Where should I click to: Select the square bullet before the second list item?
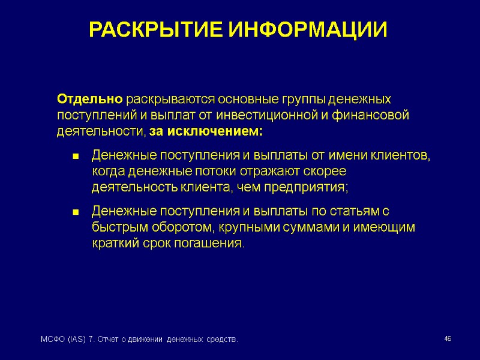point(76,212)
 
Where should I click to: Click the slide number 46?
point(448,340)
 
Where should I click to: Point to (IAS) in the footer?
point(75,340)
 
